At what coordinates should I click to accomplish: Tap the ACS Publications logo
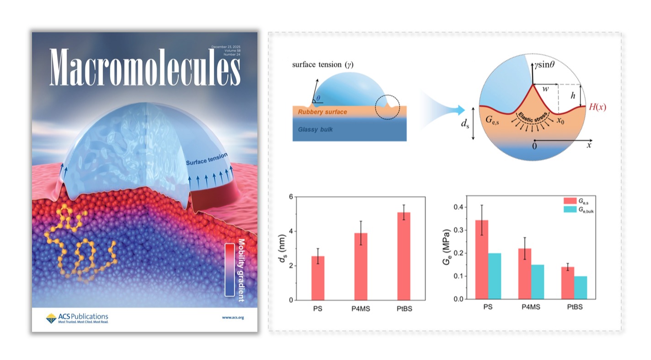click(x=77, y=318)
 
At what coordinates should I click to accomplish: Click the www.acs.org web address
click(x=233, y=317)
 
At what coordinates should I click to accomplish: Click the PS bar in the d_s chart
click(x=318, y=278)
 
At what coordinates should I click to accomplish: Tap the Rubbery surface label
click(x=322, y=112)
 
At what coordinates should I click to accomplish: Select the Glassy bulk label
click(x=315, y=129)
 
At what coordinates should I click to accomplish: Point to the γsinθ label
click(x=548, y=65)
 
